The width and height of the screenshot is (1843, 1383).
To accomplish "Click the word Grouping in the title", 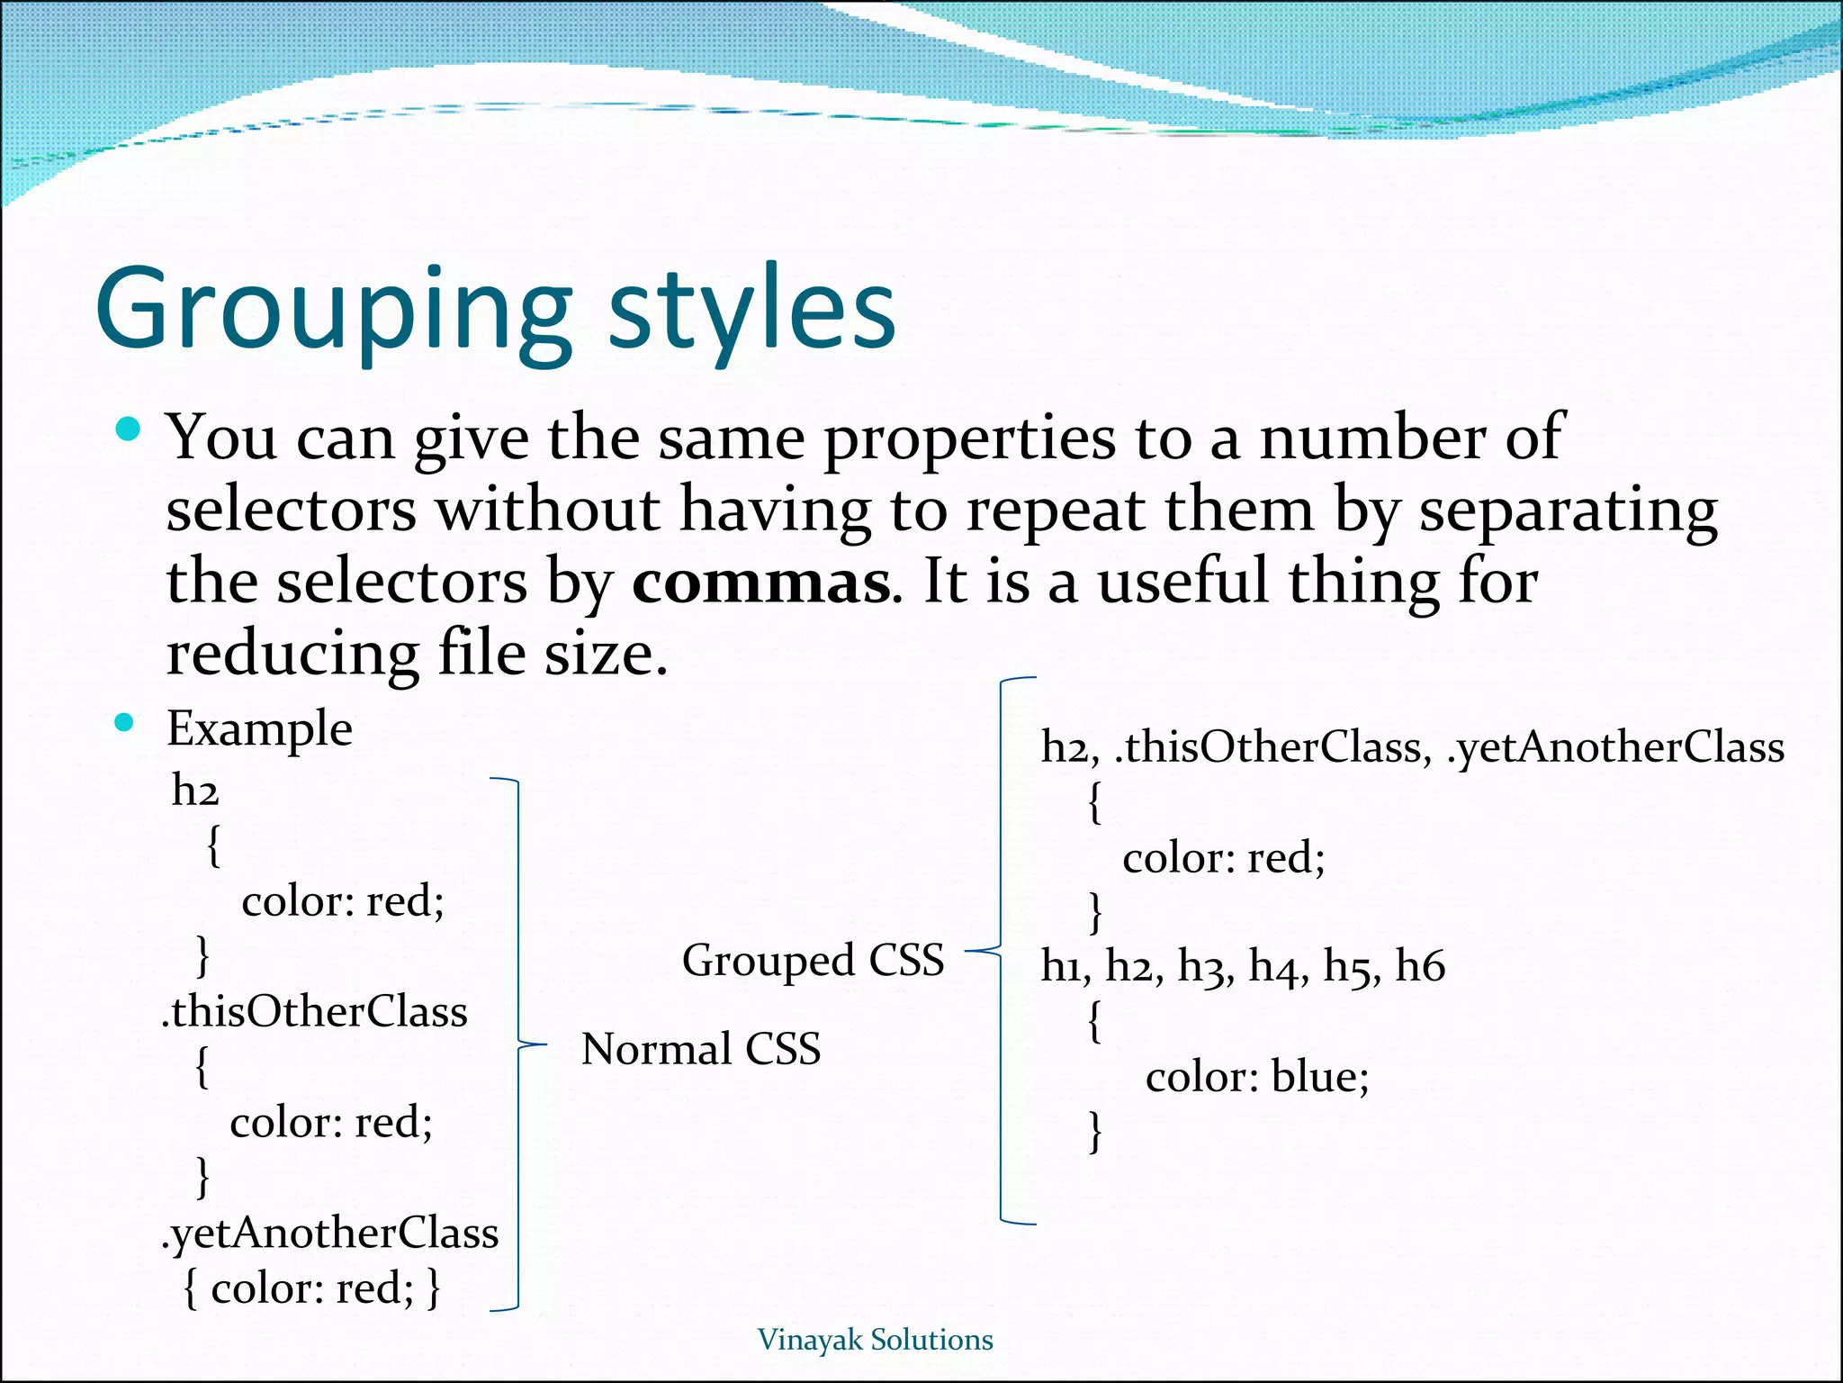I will pyautogui.click(x=333, y=311).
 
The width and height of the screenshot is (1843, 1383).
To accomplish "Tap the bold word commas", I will pyautogui.click(x=761, y=583).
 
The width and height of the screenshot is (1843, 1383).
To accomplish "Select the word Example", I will pyautogui.click(x=259, y=728).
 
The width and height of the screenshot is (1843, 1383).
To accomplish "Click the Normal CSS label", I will pyautogui.click(x=701, y=1049).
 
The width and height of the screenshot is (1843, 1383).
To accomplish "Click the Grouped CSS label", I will pyautogui.click(x=813, y=960).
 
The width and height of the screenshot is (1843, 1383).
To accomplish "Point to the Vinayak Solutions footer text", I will pyautogui.click(x=875, y=1340).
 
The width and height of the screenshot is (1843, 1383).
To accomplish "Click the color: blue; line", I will pyautogui.click(x=1256, y=1077).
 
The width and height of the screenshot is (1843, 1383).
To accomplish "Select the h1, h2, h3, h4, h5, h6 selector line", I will pyautogui.click(x=1243, y=966).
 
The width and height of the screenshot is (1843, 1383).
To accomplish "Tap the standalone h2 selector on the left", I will pyautogui.click(x=195, y=791).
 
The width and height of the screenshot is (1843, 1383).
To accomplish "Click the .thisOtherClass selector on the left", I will pyautogui.click(x=315, y=1012).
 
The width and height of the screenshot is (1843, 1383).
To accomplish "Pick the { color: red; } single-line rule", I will pyautogui.click(x=311, y=1288).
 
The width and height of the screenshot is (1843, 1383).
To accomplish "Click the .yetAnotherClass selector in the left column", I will pyautogui.click(x=330, y=1234).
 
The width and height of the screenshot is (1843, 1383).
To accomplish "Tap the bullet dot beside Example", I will pyautogui.click(x=125, y=722).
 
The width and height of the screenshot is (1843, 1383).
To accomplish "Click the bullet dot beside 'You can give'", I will pyautogui.click(x=129, y=429).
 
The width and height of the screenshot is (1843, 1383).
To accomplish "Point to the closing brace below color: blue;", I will pyautogui.click(x=1095, y=1131).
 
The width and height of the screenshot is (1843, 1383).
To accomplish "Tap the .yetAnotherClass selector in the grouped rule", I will pyautogui.click(x=1615, y=747).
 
